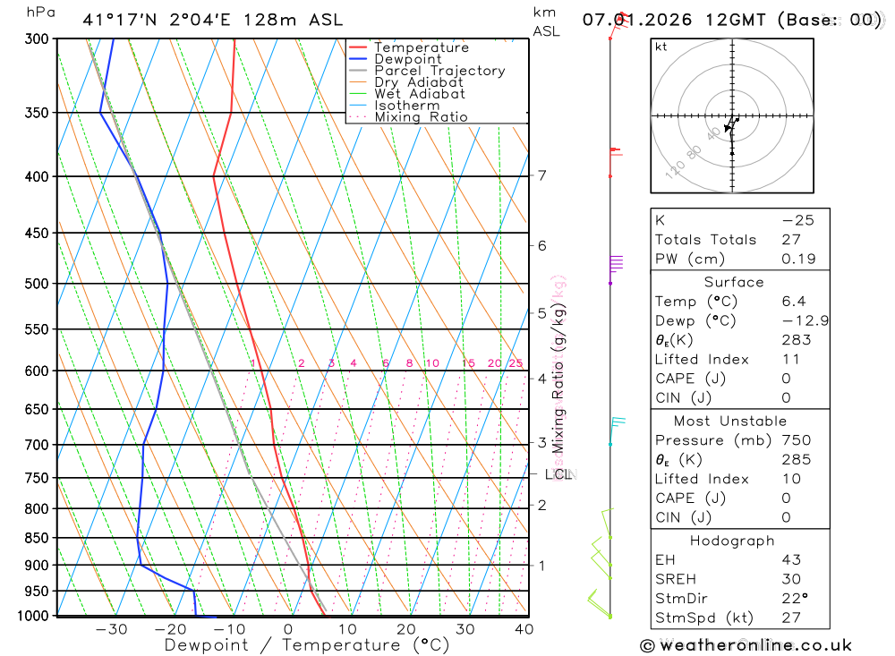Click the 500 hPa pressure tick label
(37, 284)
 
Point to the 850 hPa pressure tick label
(37, 538)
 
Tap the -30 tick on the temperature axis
(111, 629)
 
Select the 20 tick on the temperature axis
(406, 629)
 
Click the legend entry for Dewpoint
(407, 59)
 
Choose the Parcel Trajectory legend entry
(439, 71)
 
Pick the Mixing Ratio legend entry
(421, 117)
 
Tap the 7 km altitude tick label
(541, 175)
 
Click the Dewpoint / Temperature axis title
(307, 644)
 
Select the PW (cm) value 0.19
(798, 259)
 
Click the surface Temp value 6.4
(793, 302)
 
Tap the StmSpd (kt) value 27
(790, 618)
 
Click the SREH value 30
(790, 579)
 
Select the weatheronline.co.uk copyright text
(746, 644)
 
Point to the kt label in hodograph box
(661, 47)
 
